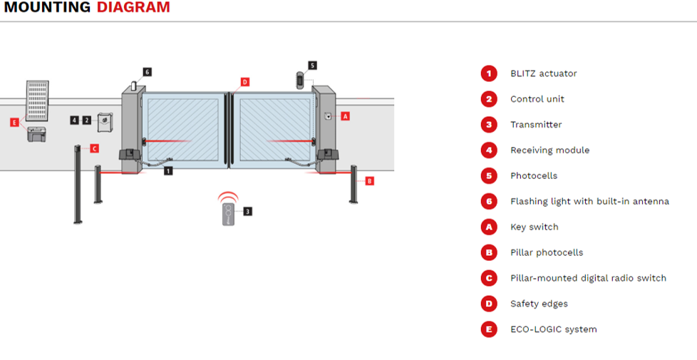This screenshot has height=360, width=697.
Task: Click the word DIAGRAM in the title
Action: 133,8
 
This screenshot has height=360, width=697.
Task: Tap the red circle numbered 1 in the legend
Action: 488,73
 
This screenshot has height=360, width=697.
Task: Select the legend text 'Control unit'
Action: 537,99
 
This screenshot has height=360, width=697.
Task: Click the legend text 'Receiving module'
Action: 549,150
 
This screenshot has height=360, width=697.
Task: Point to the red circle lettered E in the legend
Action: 488,329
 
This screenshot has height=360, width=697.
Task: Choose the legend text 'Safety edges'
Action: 539,304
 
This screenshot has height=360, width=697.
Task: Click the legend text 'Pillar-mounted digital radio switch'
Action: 588,278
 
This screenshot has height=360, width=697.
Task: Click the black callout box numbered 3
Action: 247,211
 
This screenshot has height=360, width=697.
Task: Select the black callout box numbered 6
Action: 147,72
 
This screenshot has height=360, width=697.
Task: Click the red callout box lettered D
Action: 244,82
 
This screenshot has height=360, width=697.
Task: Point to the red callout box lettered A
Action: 346,115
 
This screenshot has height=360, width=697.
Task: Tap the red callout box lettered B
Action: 368,181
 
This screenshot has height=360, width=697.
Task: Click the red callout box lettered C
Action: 94,148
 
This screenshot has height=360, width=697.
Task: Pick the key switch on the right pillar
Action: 328,116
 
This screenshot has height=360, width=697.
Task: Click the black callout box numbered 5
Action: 312,65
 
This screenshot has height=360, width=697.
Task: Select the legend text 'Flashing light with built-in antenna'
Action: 589,202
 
